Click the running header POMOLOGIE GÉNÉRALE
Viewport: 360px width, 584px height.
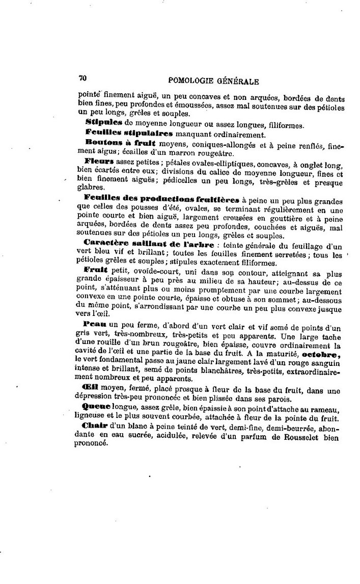pos(213,81)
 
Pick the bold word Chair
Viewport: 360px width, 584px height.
pos(93,426)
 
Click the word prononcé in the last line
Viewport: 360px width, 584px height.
pos(93,443)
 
